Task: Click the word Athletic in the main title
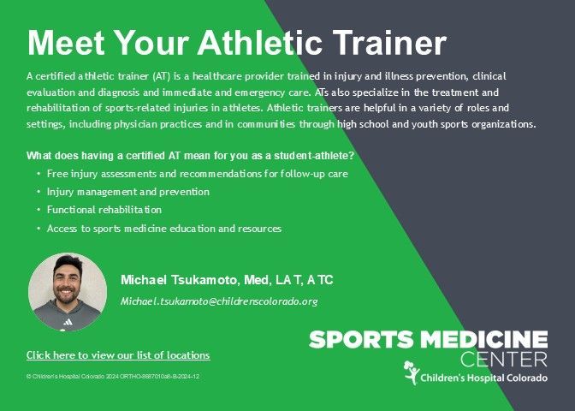(260, 43)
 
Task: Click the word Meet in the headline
(66, 43)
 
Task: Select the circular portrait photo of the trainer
(68, 292)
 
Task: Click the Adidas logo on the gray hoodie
(68, 322)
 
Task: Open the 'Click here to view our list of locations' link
(118, 355)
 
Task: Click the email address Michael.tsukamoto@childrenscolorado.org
(219, 301)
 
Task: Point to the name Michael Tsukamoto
(179, 280)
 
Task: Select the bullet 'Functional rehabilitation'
(104, 210)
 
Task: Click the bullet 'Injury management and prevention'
(128, 192)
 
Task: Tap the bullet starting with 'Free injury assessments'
(198, 174)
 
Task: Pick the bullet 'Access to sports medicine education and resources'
(164, 229)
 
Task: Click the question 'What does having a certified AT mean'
(190, 156)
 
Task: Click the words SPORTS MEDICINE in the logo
(429, 339)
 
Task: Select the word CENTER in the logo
(504, 360)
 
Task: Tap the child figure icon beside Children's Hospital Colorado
(412, 372)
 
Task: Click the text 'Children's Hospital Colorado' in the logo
(484, 378)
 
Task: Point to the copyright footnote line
(113, 377)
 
